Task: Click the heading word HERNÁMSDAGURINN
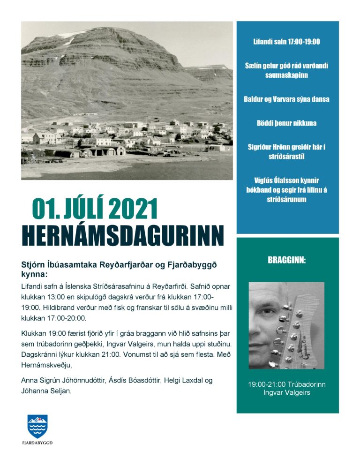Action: (123, 235)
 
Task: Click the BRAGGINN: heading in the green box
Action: (287, 260)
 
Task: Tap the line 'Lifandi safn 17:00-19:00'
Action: (287, 42)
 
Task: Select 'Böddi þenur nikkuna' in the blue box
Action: (287, 123)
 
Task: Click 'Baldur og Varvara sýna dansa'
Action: (287, 99)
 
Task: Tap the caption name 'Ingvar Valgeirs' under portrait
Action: (287, 392)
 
